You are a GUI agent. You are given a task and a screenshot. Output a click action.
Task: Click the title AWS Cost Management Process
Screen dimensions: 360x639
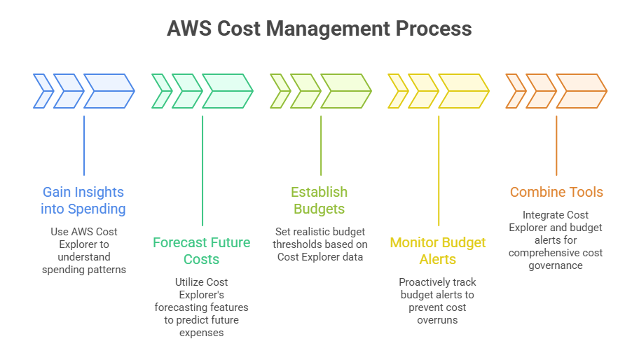click(x=319, y=29)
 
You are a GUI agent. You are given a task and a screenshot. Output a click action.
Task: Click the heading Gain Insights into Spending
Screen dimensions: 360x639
click(x=83, y=200)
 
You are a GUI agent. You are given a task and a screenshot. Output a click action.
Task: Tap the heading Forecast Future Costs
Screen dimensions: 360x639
click(x=202, y=251)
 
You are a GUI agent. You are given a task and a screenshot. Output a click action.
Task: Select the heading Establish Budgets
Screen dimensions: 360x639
click(x=319, y=200)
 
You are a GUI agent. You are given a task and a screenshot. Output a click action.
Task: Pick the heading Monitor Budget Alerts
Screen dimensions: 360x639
click(x=438, y=251)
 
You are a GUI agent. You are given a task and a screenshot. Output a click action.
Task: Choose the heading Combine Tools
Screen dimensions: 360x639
click(x=556, y=192)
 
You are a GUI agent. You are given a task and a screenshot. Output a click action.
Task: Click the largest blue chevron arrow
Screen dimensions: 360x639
click(x=109, y=91)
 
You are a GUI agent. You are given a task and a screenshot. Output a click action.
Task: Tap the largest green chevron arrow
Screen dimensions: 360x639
click(x=227, y=91)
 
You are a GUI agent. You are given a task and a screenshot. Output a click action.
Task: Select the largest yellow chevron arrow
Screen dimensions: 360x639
click(x=463, y=91)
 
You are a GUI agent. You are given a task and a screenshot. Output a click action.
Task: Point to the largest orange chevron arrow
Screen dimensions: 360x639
click(x=582, y=91)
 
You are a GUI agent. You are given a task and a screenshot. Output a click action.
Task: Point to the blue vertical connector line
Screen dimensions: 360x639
click(x=84, y=145)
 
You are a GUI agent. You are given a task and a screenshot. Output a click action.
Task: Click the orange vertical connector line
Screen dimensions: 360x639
click(x=556, y=145)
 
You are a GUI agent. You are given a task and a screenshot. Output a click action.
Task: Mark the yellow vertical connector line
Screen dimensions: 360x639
click(x=439, y=171)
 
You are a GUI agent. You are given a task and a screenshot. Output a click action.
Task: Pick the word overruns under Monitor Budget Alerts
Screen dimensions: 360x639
click(x=438, y=320)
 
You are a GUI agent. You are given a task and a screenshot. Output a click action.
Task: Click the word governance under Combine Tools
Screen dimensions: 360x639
click(x=556, y=265)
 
